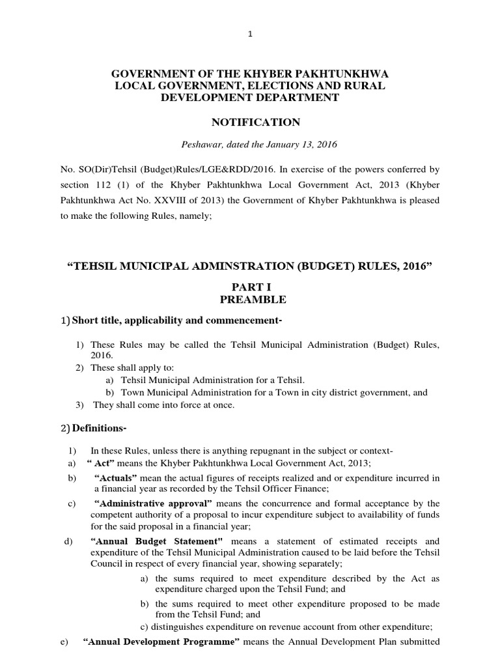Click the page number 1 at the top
pyautogui.click(x=250, y=35)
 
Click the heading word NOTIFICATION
pyautogui.click(x=250, y=122)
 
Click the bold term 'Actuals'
pyautogui.click(x=118, y=477)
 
